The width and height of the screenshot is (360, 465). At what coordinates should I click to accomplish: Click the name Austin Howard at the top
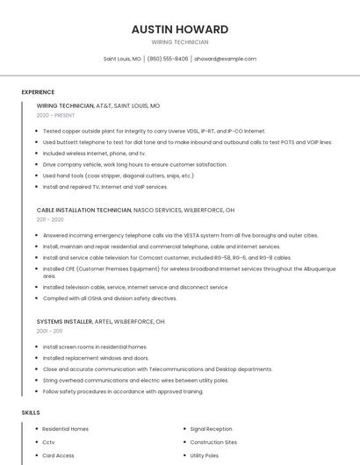[x=179, y=29]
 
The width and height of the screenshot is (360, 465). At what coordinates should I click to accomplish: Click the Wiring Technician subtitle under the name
[x=179, y=42]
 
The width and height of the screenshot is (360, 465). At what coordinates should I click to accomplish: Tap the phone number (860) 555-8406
[x=168, y=59]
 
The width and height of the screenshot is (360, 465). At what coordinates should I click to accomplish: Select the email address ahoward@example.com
[x=226, y=59]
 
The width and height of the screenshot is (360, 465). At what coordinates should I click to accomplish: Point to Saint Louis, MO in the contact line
[x=122, y=59]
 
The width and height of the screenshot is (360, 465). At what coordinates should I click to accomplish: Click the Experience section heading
[x=38, y=92]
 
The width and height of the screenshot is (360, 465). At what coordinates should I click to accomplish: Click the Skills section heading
[x=31, y=411]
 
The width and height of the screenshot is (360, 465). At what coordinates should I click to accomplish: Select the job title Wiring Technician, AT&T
[x=98, y=105]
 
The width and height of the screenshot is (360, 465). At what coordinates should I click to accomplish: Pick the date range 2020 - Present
[x=55, y=115]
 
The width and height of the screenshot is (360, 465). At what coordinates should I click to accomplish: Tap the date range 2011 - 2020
[x=51, y=220]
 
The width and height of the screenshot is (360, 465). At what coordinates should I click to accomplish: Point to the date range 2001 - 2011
[x=49, y=332]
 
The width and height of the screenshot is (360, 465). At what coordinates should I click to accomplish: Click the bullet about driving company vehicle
[x=134, y=164]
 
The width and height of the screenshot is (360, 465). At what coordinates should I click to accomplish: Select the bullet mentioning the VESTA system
[x=180, y=235]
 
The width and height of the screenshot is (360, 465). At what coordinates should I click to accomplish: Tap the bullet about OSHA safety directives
[x=110, y=298]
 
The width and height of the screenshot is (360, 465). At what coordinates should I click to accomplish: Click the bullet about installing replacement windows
[x=96, y=358]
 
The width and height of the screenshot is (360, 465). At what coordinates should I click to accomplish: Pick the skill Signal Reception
[x=211, y=429]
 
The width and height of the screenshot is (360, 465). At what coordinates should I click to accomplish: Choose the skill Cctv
[x=48, y=442]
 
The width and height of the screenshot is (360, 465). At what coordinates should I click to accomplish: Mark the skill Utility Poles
[x=204, y=455]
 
